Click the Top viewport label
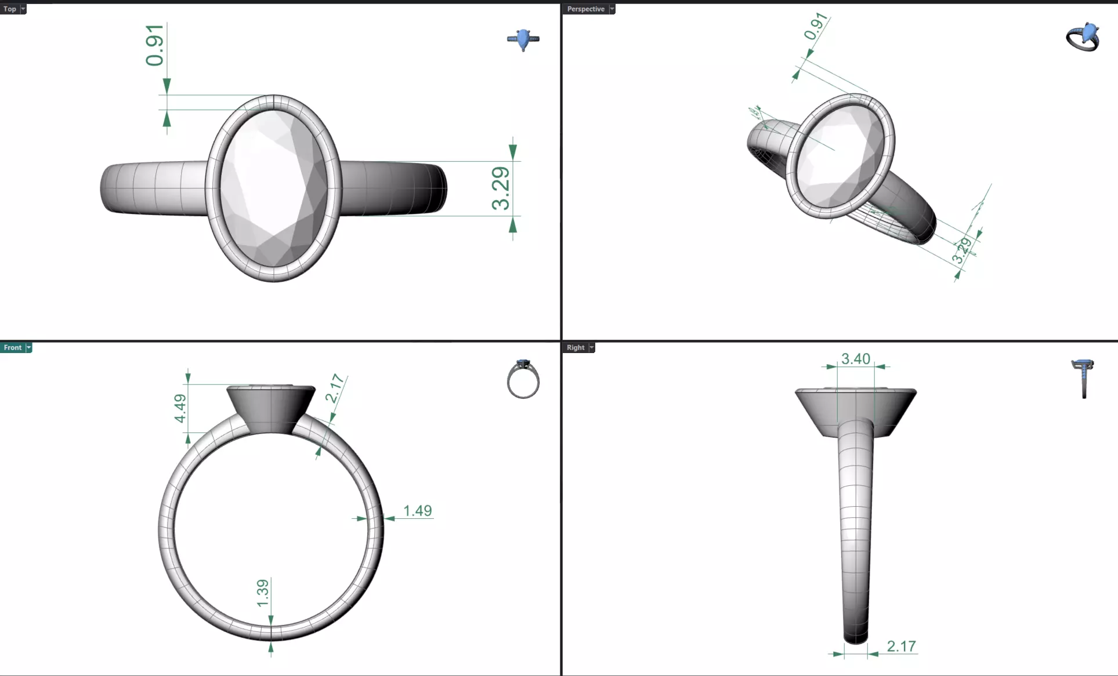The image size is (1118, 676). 10,9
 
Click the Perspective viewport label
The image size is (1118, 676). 585,9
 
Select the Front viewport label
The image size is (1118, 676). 12,347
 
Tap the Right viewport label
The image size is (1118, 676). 575,347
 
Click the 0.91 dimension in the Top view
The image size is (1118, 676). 155,45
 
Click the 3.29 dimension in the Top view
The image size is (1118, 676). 501,188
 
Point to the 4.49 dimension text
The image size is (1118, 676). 180,408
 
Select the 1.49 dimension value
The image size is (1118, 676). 417,511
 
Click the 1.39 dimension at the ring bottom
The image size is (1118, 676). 263,593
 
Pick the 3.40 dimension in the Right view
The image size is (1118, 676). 855,359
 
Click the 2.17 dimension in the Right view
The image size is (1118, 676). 900,646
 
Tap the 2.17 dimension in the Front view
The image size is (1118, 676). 335,388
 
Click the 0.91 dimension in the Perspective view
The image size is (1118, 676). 815,27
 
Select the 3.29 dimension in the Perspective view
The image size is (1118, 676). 961,250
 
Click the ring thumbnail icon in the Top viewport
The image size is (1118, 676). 523,39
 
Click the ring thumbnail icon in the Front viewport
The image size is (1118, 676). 523,379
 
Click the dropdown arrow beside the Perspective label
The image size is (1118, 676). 612,9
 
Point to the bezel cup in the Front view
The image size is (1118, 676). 271,409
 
